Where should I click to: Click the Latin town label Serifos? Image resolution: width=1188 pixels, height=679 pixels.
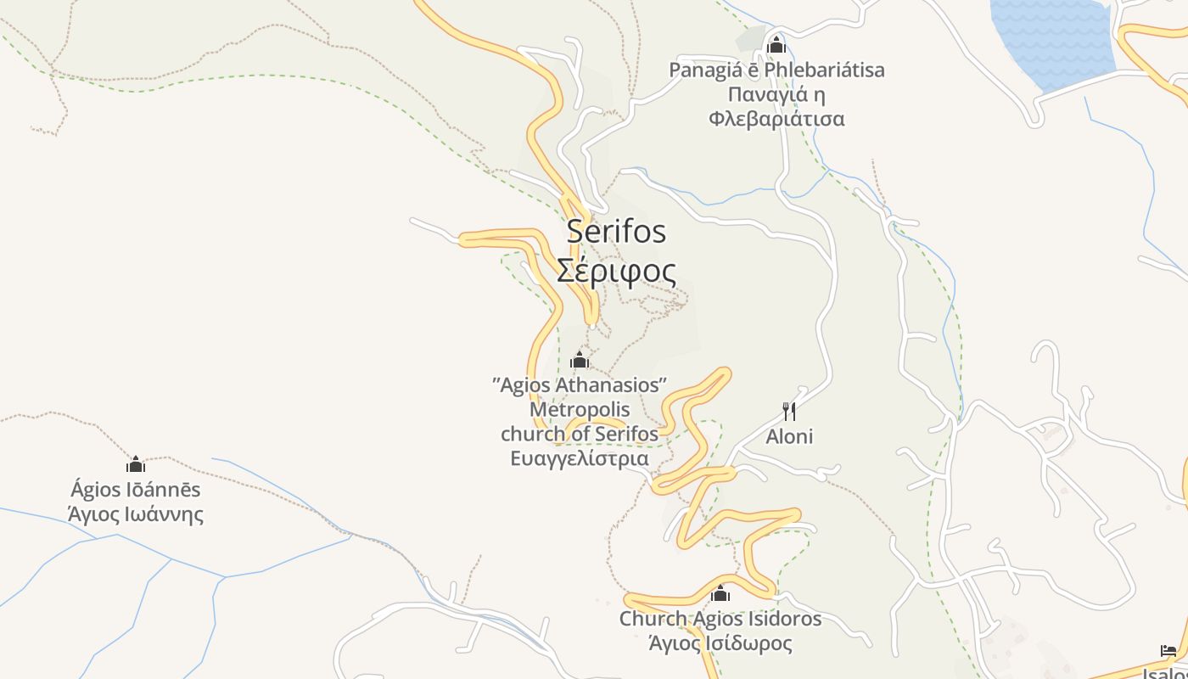(x=617, y=231)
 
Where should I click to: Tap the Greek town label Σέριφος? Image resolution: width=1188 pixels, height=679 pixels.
(x=617, y=271)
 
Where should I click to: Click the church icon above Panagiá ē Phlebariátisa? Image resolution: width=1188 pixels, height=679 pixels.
(x=776, y=45)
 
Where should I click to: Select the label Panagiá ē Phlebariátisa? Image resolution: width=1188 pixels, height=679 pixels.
(x=776, y=70)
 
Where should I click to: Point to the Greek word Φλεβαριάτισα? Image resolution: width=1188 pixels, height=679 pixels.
(x=776, y=118)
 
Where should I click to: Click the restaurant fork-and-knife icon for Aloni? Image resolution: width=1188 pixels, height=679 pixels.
(x=789, y=412)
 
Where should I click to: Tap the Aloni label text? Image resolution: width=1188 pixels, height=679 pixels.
(x=789, y=436)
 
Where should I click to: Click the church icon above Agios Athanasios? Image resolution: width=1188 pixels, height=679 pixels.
(x=580, y=360)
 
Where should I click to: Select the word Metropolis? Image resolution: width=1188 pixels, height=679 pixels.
(x=580, y=409)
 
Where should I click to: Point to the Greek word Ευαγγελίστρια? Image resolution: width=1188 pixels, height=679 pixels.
(x=580, y=458)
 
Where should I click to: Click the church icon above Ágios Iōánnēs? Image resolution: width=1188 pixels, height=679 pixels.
(x=136, y=464)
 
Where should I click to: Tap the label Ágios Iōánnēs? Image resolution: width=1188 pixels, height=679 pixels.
(x=136, y=490)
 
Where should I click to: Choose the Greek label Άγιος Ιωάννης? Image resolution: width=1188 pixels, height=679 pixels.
(x=136, y=513)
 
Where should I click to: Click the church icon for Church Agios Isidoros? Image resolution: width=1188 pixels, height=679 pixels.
(x=720, y=593)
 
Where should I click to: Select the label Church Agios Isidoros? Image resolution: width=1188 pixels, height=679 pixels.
(x=720, y=618)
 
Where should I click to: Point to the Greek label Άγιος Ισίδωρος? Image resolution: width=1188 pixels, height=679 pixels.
(x=720, y=643)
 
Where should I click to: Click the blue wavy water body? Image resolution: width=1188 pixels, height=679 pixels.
(x=1052, y=38)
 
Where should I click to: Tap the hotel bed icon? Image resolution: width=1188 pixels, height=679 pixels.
(x=1168, y=651)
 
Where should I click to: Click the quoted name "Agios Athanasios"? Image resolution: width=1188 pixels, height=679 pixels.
(x=580, y=384)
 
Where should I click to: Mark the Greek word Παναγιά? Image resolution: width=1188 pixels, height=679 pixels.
(x=776, y=93)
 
